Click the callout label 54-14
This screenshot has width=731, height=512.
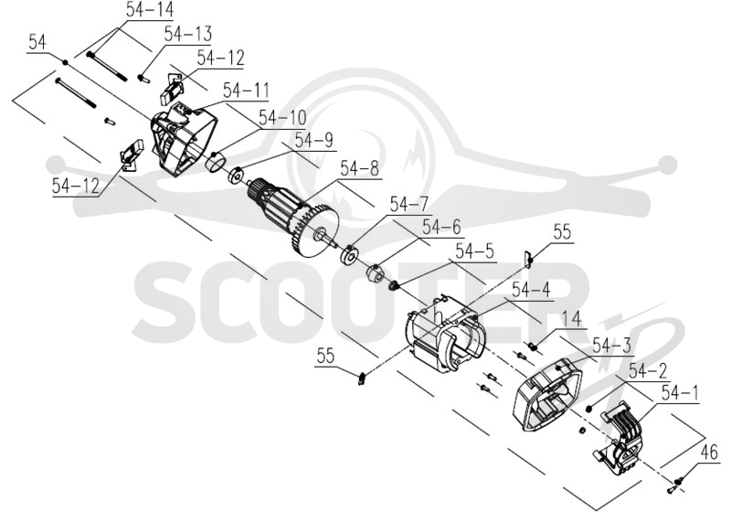click(x=150, y=10)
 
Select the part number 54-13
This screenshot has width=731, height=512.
click(x=188, y=34)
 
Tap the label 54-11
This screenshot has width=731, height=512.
click(x=246, y=91)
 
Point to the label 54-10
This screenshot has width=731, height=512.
click(x=283, y=118)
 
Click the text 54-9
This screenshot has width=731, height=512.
click(x=314, y=140)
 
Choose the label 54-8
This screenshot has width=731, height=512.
click(x=359, y=169)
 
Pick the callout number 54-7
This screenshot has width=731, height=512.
click(x=408, y=205)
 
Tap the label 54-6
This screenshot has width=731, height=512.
click(x=441, y=227)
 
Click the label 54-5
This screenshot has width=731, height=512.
click(x=474, y=251)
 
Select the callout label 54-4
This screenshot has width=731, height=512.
click(x=531, y=291)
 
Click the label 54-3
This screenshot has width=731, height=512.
click(x=611, y=346)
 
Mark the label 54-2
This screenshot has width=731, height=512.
click(x=648, y=370)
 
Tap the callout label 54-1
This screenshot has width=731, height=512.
click(x=680, y=393)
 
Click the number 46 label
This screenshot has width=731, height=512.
click(x=709, y=453)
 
